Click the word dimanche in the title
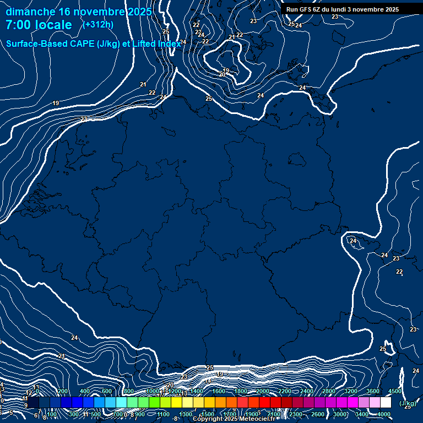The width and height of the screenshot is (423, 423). (x=30, y=12)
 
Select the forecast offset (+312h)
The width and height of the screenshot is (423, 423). (x=98, y=24)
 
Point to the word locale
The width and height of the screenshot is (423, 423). (x=53, y=25)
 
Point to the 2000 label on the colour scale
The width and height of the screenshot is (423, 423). (x=263, y=391)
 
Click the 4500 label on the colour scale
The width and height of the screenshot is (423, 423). (x=395, y=391)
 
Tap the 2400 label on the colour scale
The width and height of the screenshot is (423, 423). (x=307, y=391)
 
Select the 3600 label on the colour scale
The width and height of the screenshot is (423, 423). (x=373, y=391)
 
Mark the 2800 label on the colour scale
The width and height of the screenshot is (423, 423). (x=329, y=391)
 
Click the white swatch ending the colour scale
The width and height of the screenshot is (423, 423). (x=386, y=403)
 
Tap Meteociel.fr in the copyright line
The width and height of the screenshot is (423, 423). (x=256, y=419)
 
